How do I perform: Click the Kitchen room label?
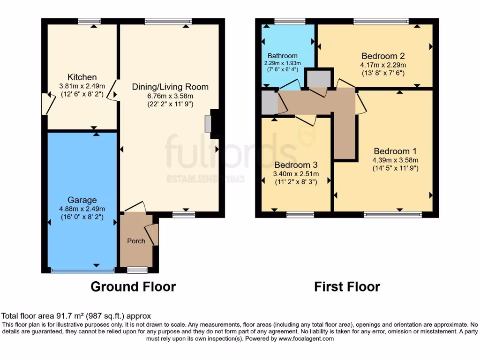pyautogui.click(x=82, y=77)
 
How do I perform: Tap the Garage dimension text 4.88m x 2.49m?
pyautogui.click(x=82, y=209)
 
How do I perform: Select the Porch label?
pyautogui.click(x=136, y=241)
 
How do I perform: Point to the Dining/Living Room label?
pyautogui.click(x=170, y=87)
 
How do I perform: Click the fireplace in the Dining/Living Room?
pyautogui.click(x=208, y=124)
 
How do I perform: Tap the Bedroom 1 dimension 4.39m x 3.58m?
pyautogui.click(x=395, y=160)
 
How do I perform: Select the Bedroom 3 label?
pyautogui.click(x=296, y=165)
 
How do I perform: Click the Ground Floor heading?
pyautogui.click(x=133, y=286)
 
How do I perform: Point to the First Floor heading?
pyautogui.click(x=347, y=286)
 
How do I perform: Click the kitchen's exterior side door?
pyautogui.click(x=46, y=104)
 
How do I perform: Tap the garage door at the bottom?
pyautogui.click(x=82, y=270)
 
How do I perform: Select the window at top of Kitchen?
pyautogui.click(x=89, y=21)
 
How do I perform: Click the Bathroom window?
pyautogui.click(x=290, y=21)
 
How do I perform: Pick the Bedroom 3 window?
pyautogui.click(x=300, y=215)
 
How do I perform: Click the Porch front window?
pyautogui.click(x=137, y=270)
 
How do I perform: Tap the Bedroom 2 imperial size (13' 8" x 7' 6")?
pyautogui.click(x=383, y=73)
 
